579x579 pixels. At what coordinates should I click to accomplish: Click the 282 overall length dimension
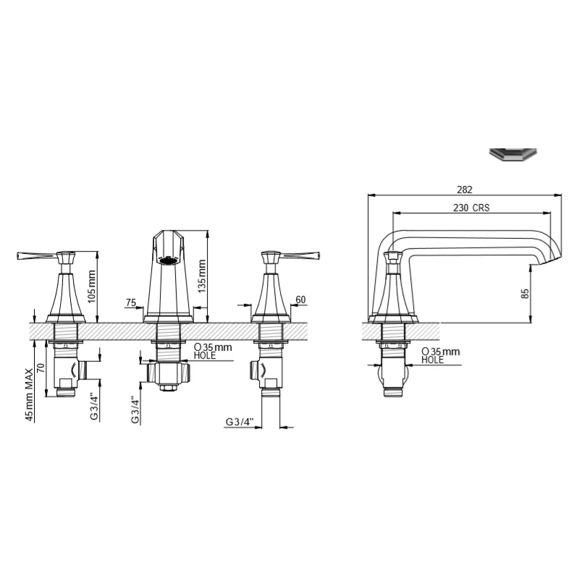coord(464,190)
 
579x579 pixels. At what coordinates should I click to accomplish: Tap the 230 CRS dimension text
coord(471,208)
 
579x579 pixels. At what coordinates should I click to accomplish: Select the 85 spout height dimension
coord(525,294)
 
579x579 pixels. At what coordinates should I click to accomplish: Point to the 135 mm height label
coord(202,276)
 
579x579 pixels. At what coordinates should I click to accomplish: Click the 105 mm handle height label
coord(92,286)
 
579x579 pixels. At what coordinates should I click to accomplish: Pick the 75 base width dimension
coord(131,303)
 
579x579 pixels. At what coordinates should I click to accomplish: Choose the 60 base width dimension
coord(301,300)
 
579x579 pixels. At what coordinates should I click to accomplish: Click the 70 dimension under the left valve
coord(41,368)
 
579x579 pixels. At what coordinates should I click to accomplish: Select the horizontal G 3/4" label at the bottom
coord(240,422)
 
